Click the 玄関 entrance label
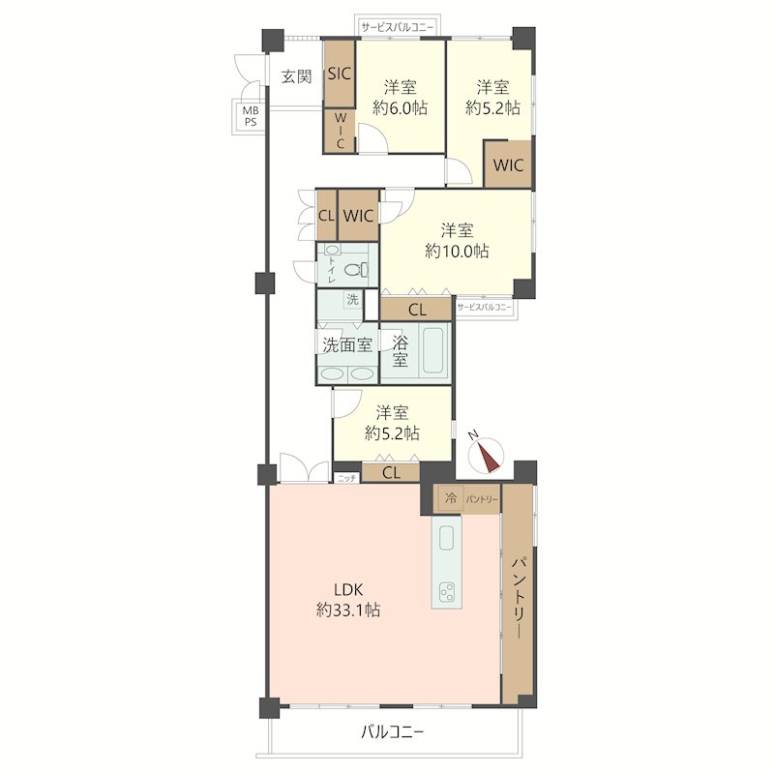297,76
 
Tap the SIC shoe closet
340,74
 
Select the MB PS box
250,116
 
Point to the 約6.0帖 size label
400,108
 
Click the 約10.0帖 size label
457,252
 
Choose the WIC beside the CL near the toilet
358,215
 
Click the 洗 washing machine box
352,299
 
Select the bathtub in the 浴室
432,348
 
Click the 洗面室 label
347,344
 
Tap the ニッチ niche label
346,478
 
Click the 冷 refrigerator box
450,498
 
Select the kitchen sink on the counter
446,538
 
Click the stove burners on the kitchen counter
447,591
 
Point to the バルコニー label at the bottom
392,731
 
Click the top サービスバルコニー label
398,28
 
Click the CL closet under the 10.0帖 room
417,310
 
